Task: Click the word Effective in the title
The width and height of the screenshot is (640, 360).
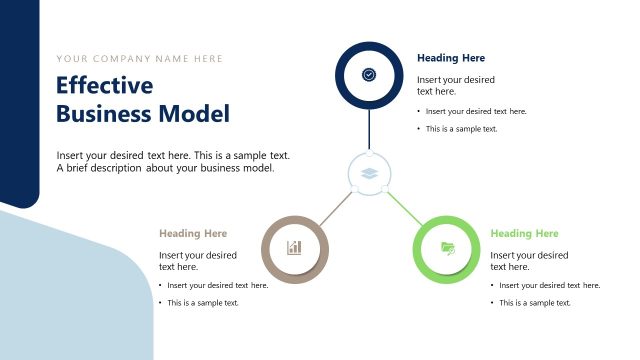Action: [104, 86]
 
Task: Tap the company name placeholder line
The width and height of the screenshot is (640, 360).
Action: [140, 58]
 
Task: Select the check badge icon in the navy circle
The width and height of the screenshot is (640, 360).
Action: [369, 75]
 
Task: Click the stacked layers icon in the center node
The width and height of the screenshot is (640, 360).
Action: [369, 173]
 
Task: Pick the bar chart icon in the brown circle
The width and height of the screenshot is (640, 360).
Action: [294, 248]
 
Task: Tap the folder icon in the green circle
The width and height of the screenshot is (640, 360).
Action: [447, 248]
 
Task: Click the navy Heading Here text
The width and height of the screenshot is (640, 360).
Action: [451, 58]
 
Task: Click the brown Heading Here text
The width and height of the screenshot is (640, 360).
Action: [193, 233]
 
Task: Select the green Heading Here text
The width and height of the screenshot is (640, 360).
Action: [524, 233]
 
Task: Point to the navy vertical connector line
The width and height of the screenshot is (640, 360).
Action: [369, 128]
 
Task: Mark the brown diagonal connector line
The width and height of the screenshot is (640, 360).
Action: [335, 207]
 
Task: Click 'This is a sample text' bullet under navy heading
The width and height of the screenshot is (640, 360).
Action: [461, 129]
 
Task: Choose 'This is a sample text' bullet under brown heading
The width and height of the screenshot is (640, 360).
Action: [203, 302]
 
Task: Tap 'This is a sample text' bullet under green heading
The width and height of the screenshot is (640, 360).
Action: [535, 302]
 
